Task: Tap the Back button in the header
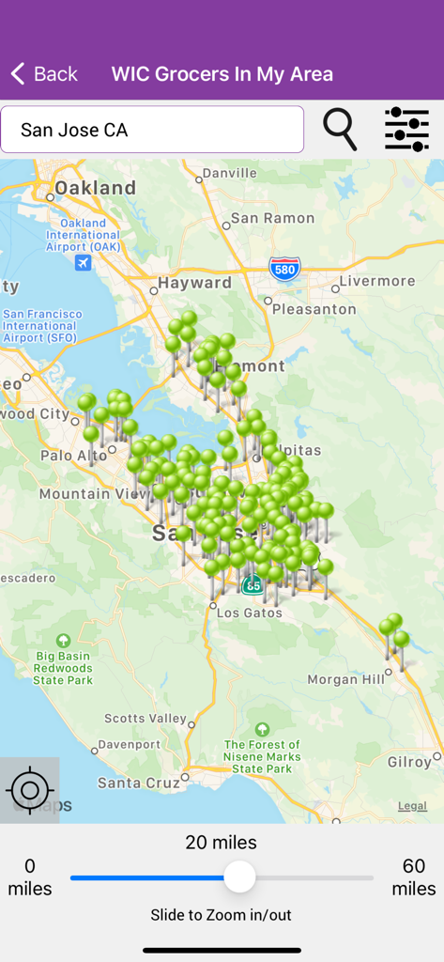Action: click(44, 74)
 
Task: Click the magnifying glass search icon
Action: click(340, 129)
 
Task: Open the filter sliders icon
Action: click(406, 129)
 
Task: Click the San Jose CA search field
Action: click(152, 130)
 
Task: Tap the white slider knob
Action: click(239, 877)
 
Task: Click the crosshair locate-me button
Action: click(29, 790)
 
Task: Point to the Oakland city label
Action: click(95, 188)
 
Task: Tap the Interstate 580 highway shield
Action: click(284, 270)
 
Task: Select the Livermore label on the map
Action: click(377, 281)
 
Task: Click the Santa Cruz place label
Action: click(140, 783)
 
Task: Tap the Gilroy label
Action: click(409, 762)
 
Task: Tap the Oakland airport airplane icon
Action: click(84, 262)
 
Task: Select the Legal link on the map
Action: click(412, 806)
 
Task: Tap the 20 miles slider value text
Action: click(222, 842)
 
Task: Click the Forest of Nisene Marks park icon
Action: click(262, 728)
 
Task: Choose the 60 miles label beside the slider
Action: click(413, 877)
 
